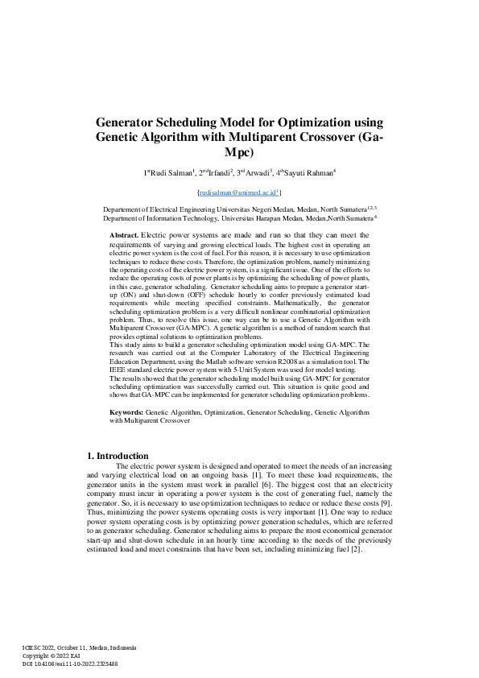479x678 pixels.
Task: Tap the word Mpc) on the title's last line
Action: tap(238, 152)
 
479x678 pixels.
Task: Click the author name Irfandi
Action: tap(218, 173)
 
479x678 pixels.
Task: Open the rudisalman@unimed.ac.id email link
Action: tap(238, 193)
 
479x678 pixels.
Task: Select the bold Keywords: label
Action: tap(127, 411)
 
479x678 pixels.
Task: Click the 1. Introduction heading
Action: tap(117, 456)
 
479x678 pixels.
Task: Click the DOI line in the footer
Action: tap(70, 663)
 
